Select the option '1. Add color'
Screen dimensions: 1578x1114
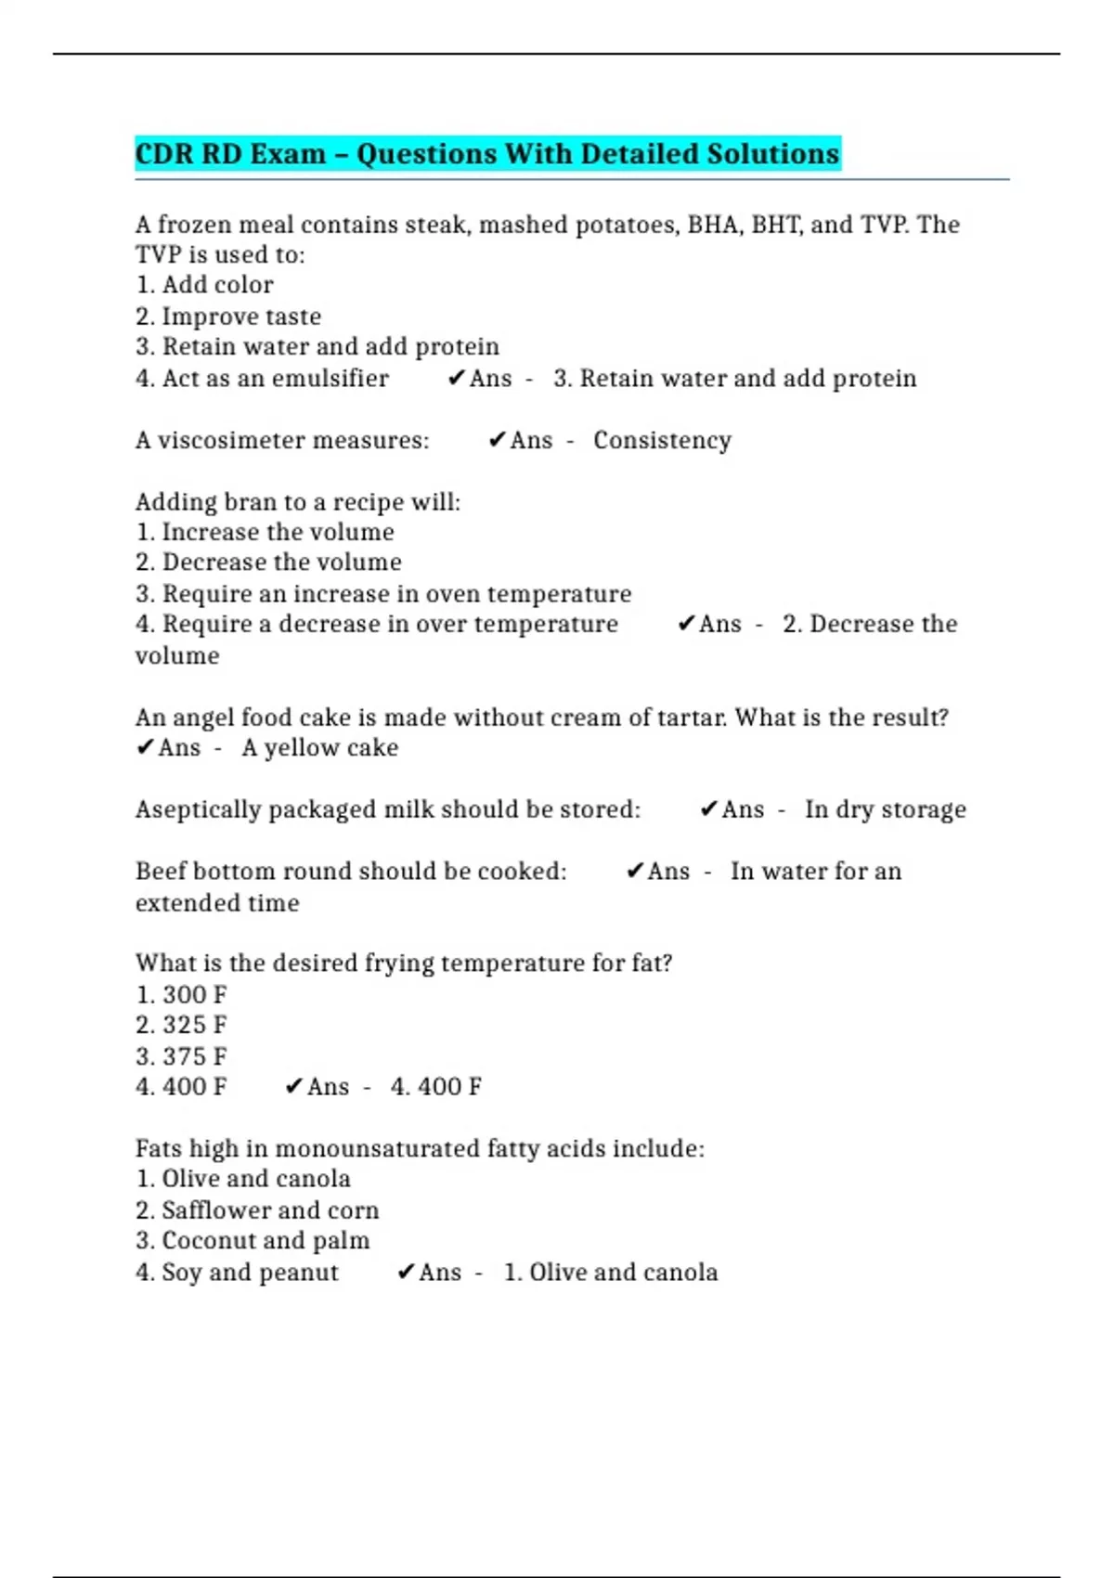click(x=204, y=285)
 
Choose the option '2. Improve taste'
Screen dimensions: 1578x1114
click(x=228, y=317)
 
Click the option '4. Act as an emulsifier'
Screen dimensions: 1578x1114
click(x=262, y=379)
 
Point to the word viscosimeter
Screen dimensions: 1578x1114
click(x=218, y=440)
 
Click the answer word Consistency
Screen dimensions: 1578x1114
click(x=662, y=440)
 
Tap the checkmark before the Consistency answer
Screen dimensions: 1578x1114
click(x=497, y=439)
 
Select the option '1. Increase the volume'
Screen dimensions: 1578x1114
click(x=265, y=532)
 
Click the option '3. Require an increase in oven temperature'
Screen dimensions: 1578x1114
click(x=383, y=594)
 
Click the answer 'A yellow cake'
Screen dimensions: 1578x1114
click(x=319, y=748)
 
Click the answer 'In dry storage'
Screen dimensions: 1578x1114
click(x=885, y=809)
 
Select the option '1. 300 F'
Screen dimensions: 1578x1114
click(x=181, y=995)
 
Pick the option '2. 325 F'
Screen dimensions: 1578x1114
click(x=181, y=1026)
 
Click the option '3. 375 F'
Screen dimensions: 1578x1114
click(x=181, y=1056)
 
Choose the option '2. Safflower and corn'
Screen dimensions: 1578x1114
click(x=257, y=1210)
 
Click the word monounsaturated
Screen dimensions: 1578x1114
click(x=376, y=1149)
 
